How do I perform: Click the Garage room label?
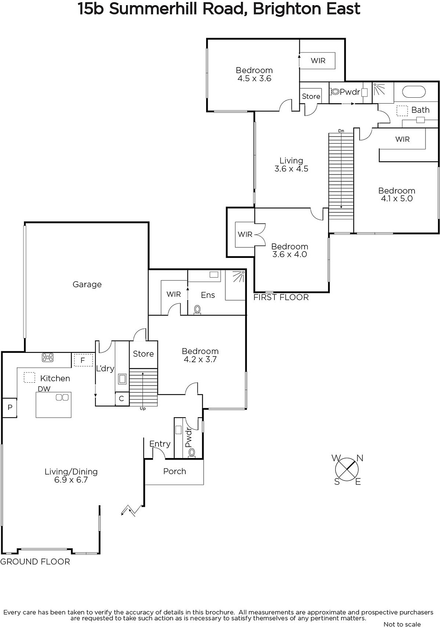click(87, 285)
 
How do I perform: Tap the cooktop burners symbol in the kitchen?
click(47, 358)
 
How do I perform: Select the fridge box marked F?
click(83, 360)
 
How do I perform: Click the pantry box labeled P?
click(10, 408)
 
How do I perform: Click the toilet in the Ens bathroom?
click(197, 310)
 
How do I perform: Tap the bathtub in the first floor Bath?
click(414, 92)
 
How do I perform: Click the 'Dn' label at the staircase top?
click(341, 131)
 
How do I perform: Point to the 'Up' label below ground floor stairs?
click(143, 409)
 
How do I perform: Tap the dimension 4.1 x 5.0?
click(396, 199)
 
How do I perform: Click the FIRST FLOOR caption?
click(281, 297)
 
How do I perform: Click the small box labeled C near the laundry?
click(121, 398)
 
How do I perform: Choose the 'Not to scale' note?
click(402, 624)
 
